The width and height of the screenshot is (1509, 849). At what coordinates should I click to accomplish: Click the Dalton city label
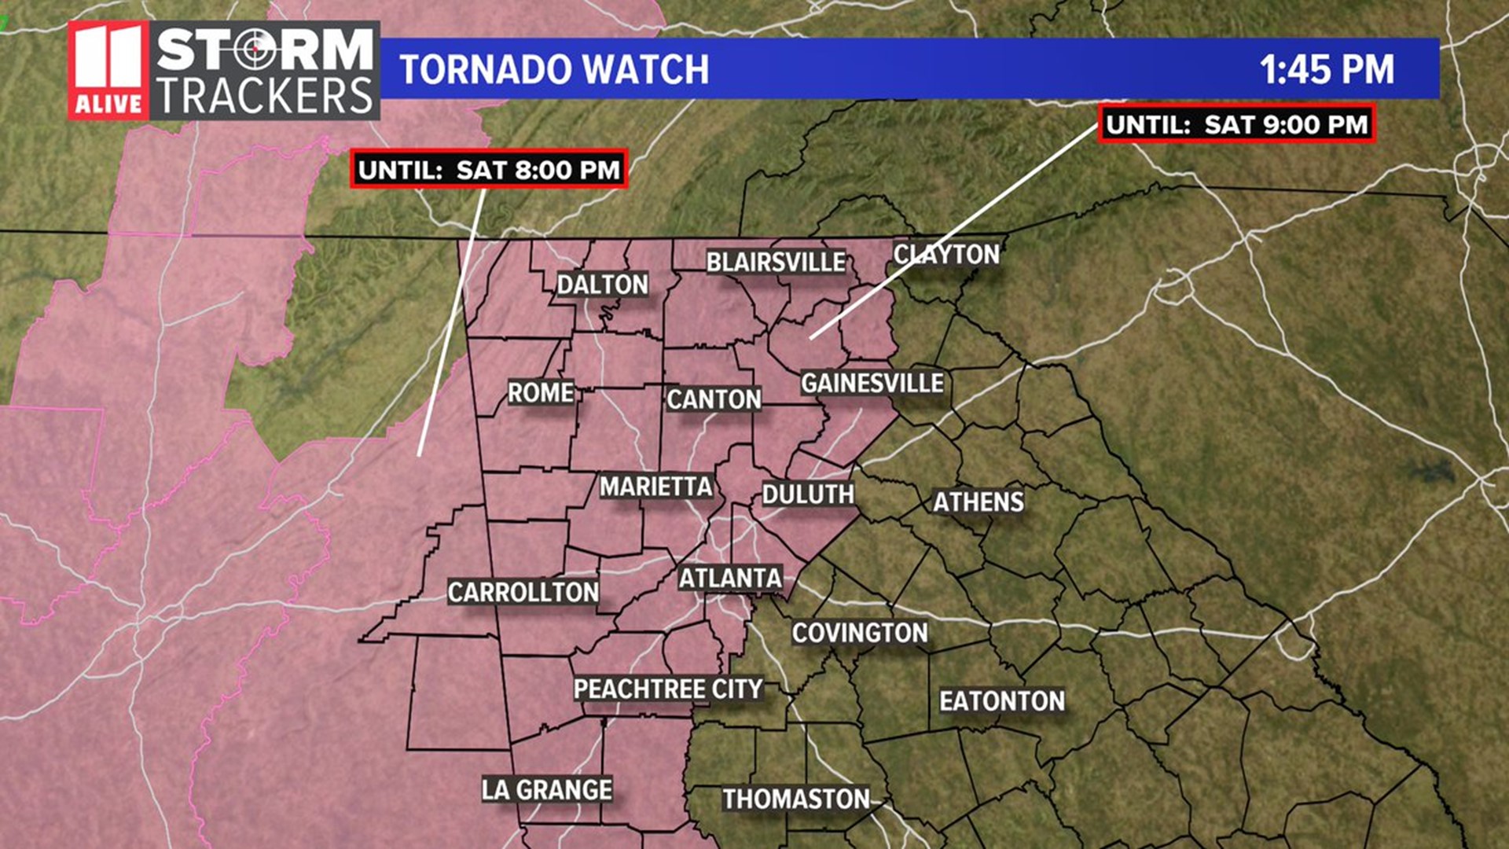coord(603,285)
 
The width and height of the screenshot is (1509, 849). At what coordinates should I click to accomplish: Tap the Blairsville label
coord(776,262)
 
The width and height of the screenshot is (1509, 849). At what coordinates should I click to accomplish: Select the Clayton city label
coord(946,254)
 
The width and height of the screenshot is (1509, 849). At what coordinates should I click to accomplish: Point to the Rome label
coord(541,392)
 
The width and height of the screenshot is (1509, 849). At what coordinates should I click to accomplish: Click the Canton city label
coord(714,399)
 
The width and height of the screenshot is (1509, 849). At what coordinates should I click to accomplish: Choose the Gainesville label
coord(872,383)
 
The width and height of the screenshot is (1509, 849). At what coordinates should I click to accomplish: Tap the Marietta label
coord(656,487)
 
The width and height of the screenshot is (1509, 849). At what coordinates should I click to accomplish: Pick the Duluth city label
coord(808,494)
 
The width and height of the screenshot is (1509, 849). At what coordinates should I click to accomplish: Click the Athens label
coord(978,502)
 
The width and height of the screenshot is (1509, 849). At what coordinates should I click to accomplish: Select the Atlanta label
coord(730,579)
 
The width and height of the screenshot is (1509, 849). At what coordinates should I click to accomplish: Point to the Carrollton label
coord(523,592)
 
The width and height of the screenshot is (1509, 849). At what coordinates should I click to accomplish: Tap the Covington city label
coord(860,633)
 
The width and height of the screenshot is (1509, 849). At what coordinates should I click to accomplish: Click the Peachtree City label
coord(668,689)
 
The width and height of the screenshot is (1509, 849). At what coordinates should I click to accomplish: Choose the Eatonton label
coord(1002,701)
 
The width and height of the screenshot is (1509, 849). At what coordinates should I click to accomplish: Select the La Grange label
coord(547,789)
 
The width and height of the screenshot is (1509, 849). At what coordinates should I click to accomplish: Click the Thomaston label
coord(796,799)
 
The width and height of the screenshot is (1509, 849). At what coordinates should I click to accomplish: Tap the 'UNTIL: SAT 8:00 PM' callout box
coord(489,169)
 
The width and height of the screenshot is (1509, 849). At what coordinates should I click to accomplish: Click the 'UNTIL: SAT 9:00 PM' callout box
coord(1236,124)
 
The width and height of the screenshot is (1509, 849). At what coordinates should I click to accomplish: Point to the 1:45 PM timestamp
coord(1327,69)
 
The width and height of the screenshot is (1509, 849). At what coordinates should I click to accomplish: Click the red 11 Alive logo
coord(108,71)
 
